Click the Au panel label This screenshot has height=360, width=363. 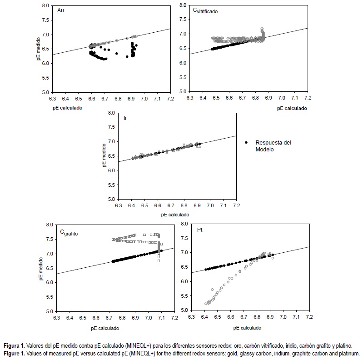(x=60, y=10)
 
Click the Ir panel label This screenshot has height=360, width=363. (x=125, y=118)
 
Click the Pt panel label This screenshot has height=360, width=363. (x=200, y=230)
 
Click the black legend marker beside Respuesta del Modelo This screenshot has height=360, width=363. (x=246, y=142)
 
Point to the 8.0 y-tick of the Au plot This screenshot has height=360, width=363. (x=46, y=6)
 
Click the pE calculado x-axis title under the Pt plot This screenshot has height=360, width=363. (x=245, y=327)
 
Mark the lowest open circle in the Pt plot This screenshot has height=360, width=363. (x=206, y=304)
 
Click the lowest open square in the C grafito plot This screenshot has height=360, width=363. (x=159, y=261)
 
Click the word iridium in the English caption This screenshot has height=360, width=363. (x=267, y=353)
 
